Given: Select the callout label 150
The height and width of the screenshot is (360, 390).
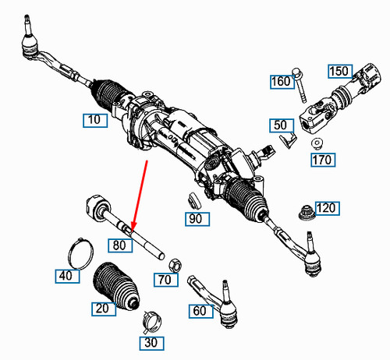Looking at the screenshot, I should (x=339, y=72).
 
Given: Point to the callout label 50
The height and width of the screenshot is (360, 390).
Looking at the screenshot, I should (x=280, y=125).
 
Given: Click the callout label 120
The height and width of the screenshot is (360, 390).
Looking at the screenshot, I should (x=328, y=208).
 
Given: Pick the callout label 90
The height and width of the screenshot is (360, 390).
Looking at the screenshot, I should (x=197, y=219).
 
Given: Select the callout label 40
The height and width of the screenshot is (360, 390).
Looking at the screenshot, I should (x=66, y=274).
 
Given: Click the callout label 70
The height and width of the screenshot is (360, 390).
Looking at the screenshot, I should (x=165, y=278).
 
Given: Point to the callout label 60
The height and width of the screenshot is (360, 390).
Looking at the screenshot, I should (x=200, y=311).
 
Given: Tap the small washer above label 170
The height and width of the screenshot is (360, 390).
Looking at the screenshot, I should (x=317, y=143).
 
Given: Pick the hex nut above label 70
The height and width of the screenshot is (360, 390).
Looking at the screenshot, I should (x=176, y=262).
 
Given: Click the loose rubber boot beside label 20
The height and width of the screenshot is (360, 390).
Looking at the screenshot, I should (x=115, y=286).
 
